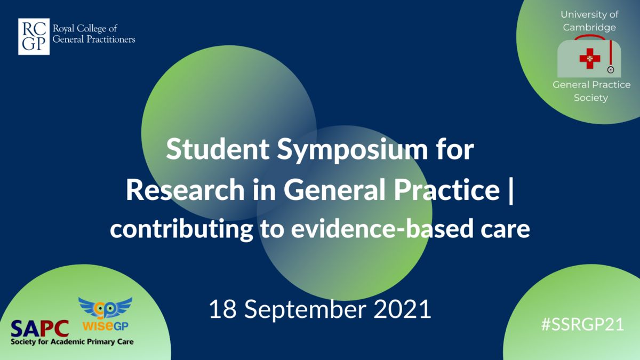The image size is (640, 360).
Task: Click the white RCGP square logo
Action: pos(34,37)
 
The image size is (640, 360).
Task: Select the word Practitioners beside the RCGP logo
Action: pos(110,39)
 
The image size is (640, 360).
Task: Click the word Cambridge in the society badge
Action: pos(589,27)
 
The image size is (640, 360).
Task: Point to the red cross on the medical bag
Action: pos(590,59)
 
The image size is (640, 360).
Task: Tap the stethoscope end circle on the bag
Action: pos(611,69)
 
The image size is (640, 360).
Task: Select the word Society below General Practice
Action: pos(590,98)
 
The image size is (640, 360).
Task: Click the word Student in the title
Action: pos(218,149)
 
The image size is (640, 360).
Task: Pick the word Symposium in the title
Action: pos(353,150)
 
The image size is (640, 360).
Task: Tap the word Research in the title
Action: pos(186,190)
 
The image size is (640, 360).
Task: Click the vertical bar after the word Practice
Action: pos(511,190)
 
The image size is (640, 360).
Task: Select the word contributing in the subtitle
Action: pos(181,229)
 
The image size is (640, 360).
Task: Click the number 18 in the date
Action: pos(223,309)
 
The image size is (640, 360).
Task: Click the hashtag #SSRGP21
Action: pos(582,325)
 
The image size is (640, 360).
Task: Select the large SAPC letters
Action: pos(40,329)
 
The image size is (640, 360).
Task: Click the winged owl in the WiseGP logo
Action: pos(105,308)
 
